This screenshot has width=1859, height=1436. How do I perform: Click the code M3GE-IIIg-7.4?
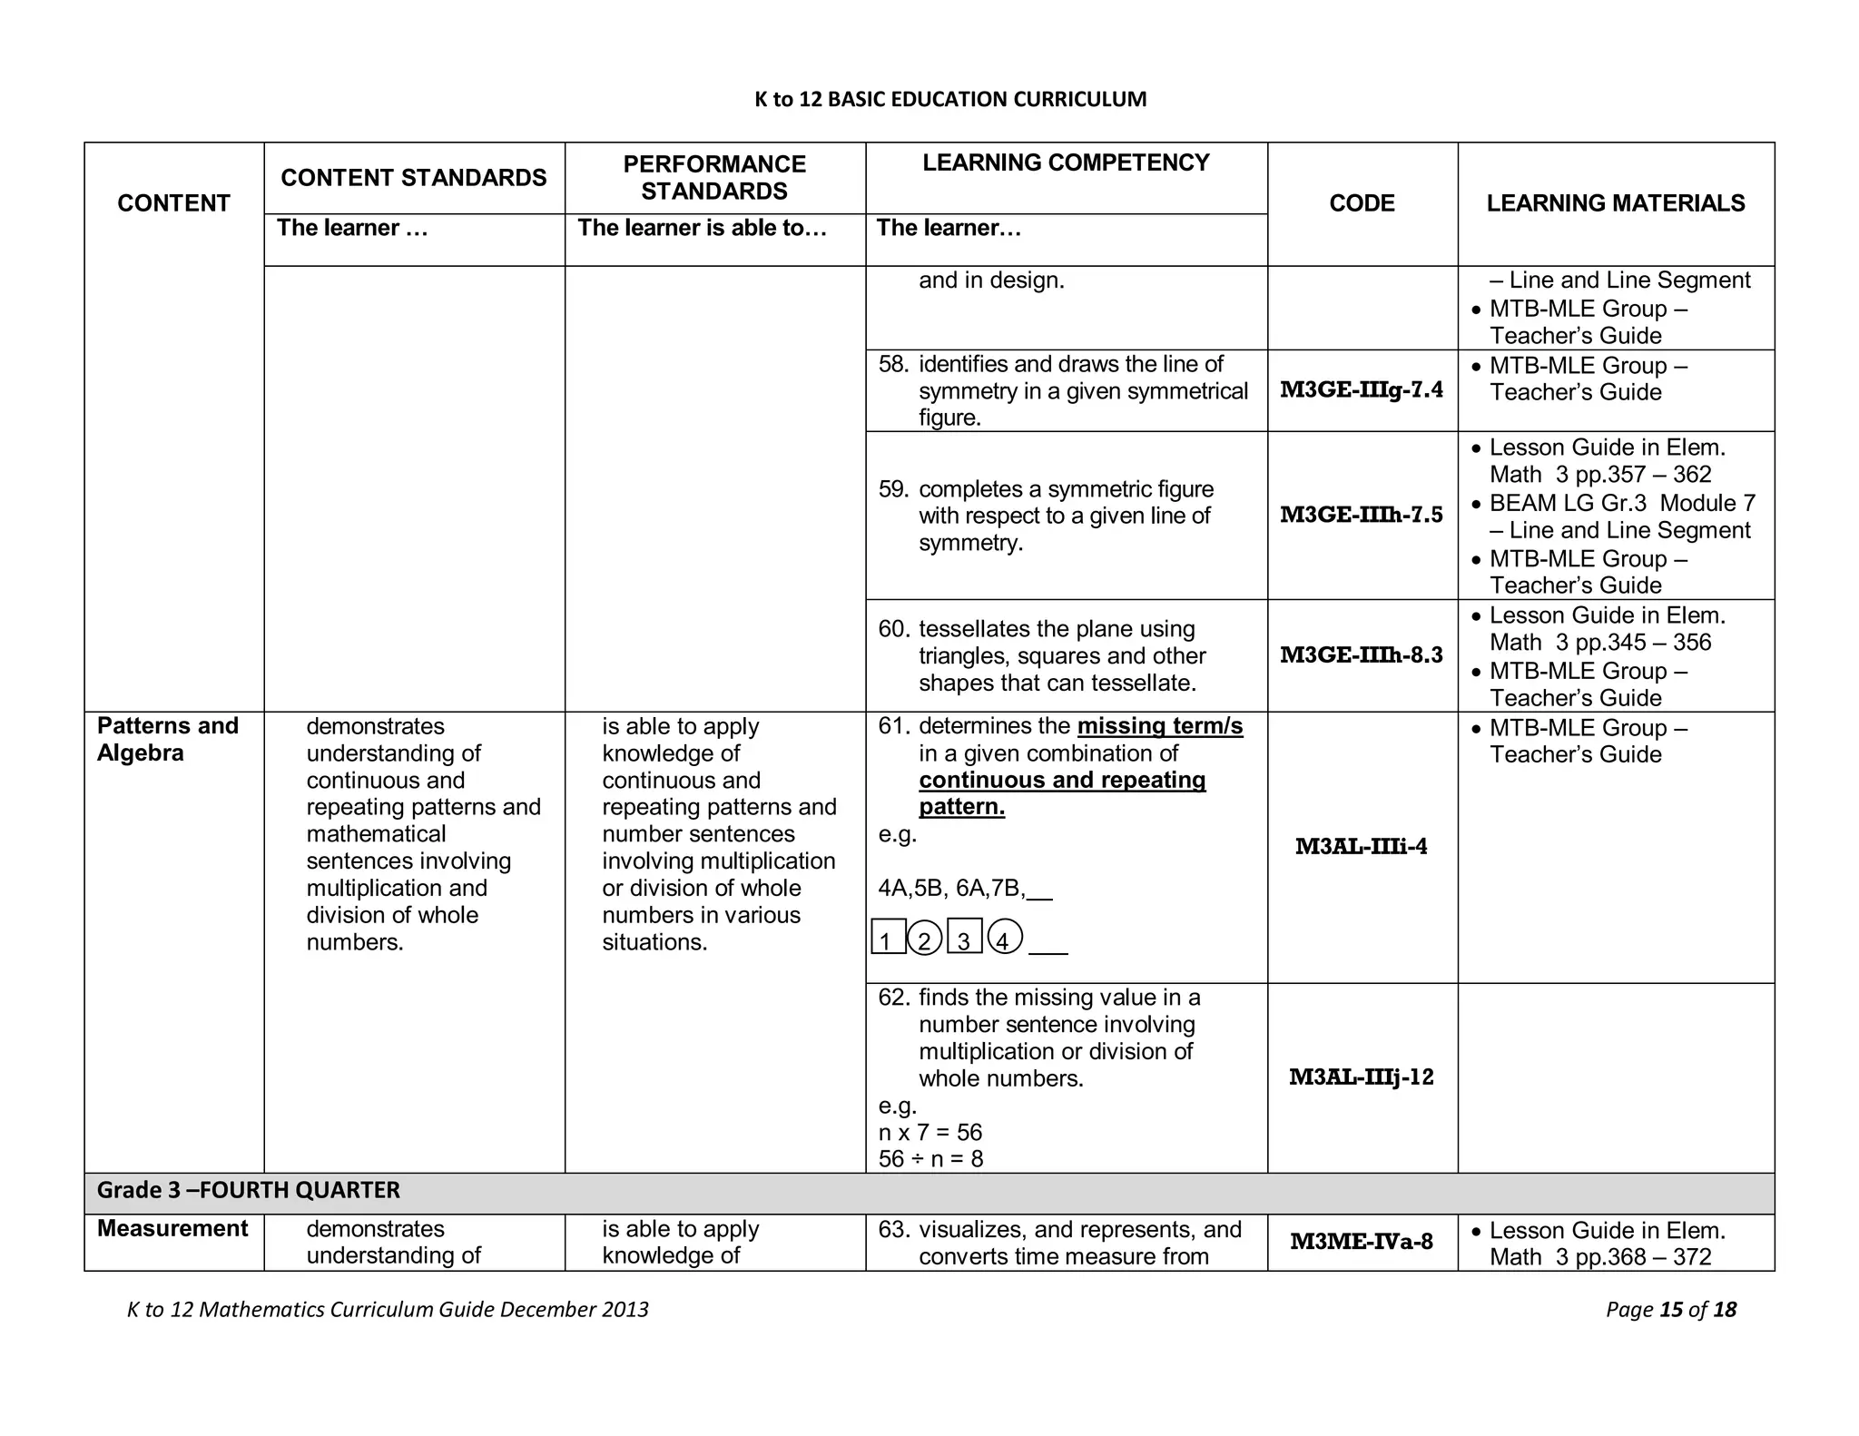[1362, 390]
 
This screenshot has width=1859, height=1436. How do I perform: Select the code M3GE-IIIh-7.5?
[1362, 515]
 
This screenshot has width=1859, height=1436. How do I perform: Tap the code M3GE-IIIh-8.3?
[1362, 655]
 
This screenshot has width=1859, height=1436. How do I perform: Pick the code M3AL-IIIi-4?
[1362, 847]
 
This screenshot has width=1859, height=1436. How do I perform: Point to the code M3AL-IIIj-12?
[1362, 1077]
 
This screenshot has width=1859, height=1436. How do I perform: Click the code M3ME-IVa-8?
[1362, 1242]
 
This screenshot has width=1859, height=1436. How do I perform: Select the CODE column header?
[1362, 203]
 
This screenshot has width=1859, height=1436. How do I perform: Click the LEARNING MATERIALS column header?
[1615, 203]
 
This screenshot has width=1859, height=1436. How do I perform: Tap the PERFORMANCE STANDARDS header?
[714, 178]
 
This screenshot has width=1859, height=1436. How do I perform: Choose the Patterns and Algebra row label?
[168, 739]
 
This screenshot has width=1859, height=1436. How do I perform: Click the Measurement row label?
[172, 1228]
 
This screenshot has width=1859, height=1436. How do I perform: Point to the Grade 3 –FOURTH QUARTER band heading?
[249, 1190]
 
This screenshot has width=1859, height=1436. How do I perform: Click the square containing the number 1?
[888, 938]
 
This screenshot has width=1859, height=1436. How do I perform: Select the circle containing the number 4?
[1004, 938]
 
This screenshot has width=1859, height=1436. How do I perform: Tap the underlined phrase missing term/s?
[1159, 726]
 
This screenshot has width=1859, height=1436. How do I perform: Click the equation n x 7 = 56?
[930, 1132]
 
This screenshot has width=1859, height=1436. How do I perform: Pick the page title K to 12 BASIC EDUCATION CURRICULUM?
[950, 99]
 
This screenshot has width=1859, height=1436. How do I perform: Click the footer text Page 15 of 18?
[1670, 1309]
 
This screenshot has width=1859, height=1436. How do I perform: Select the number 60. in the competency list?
[893, 629]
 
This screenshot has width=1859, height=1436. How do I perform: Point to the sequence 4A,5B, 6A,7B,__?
[965, 888]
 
